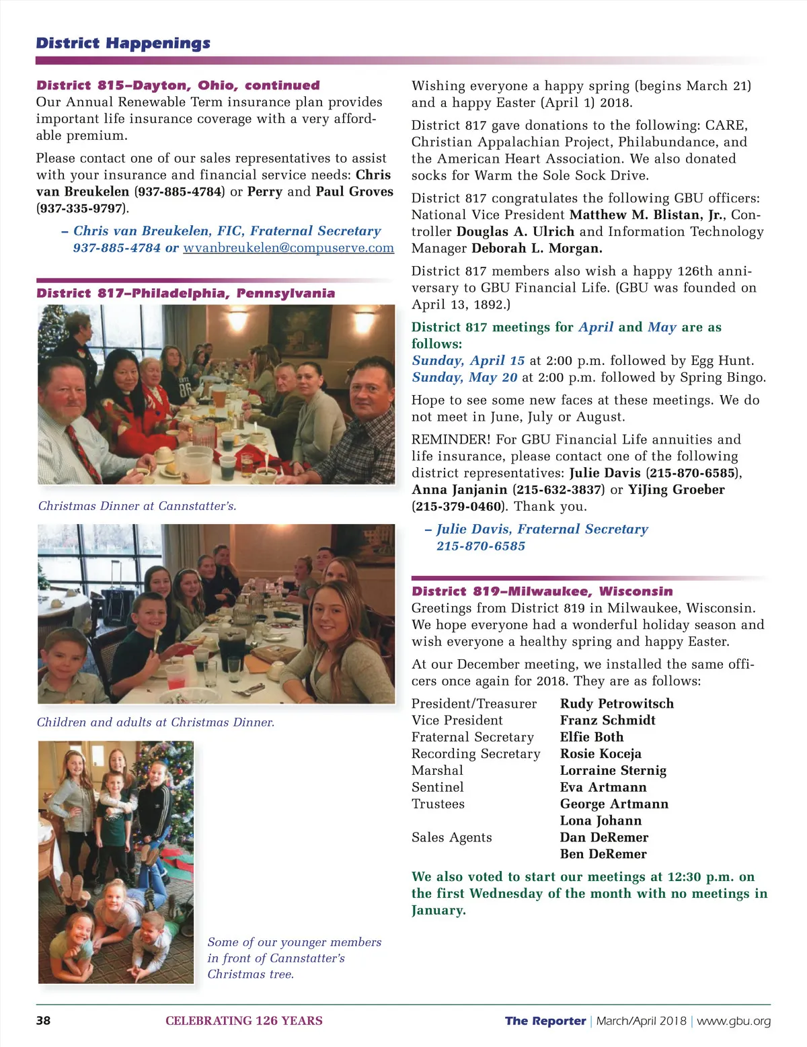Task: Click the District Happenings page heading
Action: (x=123, y=44)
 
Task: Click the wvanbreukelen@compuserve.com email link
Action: (x=289, y=248)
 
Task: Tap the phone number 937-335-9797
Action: (x=81, y=208)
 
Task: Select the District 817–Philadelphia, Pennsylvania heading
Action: (x=186, y=294)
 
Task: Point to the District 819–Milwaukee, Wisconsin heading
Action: (x=542, y=591)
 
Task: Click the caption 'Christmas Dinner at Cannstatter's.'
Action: (x=137, y=506)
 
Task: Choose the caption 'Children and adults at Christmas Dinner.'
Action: (x=155, y=722)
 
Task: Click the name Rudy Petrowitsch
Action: (x=617, y=704)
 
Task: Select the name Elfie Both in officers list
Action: (x=592, y=737)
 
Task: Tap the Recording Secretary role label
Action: (x=475, y=754)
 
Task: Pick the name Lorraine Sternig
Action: (x=613, y=771)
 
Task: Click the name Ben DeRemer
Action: (x=603, y=854)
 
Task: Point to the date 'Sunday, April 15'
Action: (x=468, y=361)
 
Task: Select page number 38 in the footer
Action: (x=43, y=1021)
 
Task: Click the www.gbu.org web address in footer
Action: (x=734, y=1021)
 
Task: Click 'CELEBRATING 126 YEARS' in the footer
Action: (x=244, y=1021)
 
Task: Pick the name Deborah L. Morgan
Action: (x=537, y=249)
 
